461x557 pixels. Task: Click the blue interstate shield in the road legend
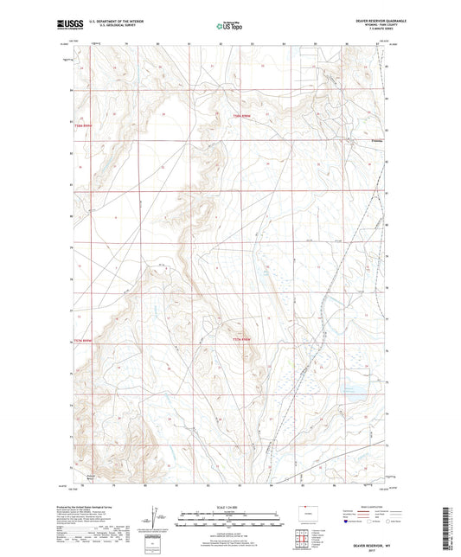(346, 522)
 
